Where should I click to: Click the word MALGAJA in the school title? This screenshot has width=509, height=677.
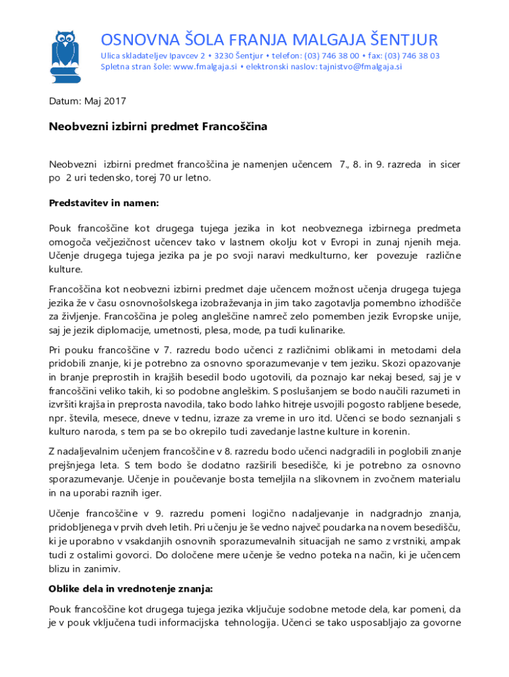[319, 39]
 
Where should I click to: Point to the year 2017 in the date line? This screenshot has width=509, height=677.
[114, 102]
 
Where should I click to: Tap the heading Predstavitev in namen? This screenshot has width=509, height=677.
[104, 203]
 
